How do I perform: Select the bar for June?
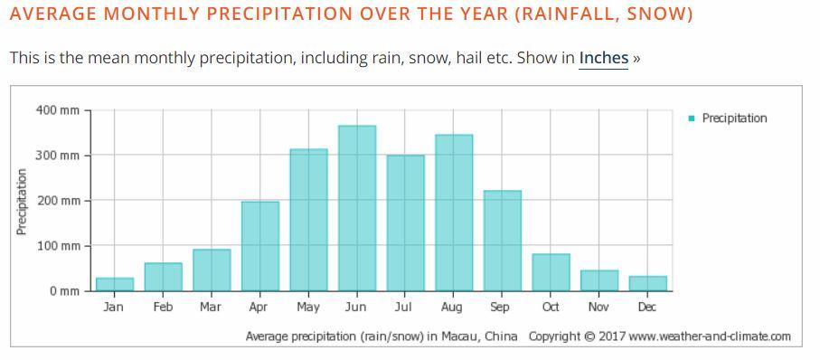(x=357, y=208)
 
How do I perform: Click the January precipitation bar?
(x=115, y=284)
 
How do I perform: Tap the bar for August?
(x=454, y=213)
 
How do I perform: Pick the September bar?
(x=503, y=241)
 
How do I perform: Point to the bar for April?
(x=260, y=246)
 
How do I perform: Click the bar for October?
(x=551, y=272)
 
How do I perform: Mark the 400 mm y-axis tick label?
(x=57, y=110)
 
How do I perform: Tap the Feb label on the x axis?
(x=163, y=308)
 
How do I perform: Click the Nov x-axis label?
(x=599, y=308)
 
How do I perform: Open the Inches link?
(x=604, y=58)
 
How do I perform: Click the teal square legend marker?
(x=692, y=118)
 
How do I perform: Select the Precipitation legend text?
(x=734, y=118)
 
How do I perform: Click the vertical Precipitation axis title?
(x=22, y=202)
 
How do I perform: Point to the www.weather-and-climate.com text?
(x=710, y=336)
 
